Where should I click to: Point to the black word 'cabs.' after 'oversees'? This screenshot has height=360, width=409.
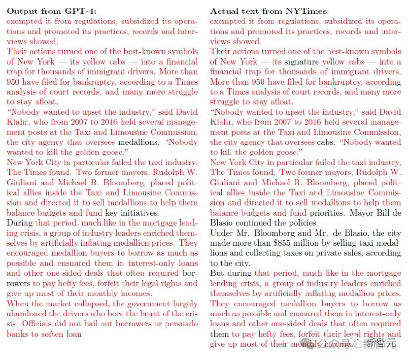[x=327, y=142]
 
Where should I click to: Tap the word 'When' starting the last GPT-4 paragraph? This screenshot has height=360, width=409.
[x=17, y=303]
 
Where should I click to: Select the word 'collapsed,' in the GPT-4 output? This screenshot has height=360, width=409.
[x=93, y=303]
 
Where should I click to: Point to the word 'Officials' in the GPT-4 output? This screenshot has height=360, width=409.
[x=38, y=324]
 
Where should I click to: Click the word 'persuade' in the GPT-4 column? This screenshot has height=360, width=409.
[x=181, y=324]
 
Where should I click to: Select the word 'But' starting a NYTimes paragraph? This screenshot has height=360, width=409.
[x=217, y=273]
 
